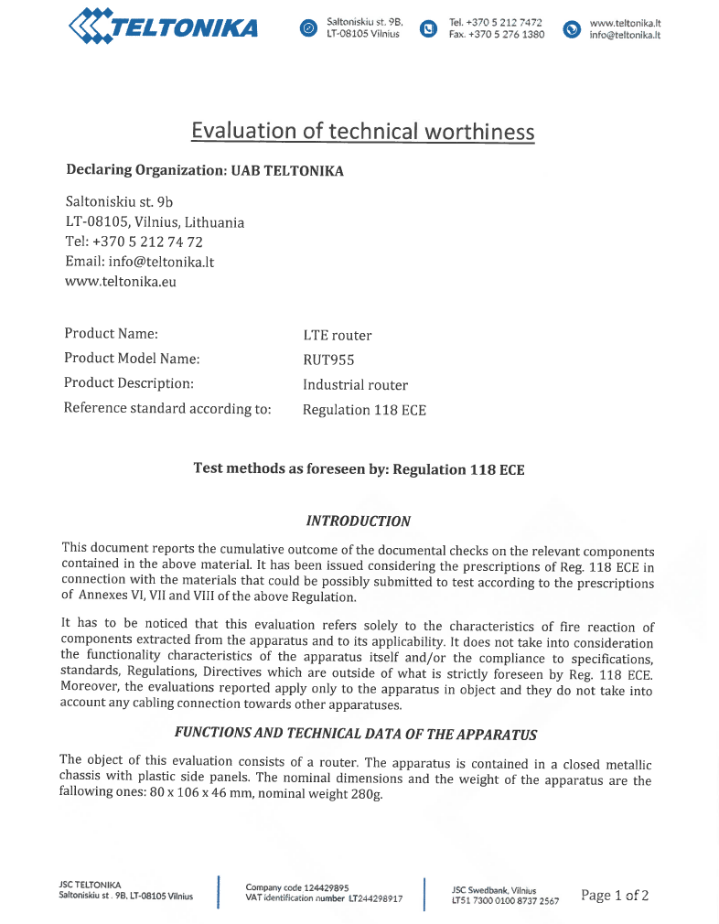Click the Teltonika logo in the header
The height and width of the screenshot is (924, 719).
(163, 27)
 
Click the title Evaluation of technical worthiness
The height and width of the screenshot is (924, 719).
(362, 131)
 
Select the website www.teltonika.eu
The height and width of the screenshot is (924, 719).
(121, 282)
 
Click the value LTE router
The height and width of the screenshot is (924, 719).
(338, 336)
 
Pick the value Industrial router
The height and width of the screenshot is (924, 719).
(355, 385)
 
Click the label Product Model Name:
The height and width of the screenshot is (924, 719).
(132, 359)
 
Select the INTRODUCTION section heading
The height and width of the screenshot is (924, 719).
(358, 521)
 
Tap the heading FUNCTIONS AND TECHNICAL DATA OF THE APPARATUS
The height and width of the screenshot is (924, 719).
(356, 734)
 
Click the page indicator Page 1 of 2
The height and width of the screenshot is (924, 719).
(615, 896)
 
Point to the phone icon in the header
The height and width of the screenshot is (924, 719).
(427, 28)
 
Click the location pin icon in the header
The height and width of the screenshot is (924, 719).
(308, 28)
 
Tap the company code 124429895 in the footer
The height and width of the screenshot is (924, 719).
(321, 887)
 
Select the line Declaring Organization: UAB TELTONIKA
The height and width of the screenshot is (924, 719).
(205, 170)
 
